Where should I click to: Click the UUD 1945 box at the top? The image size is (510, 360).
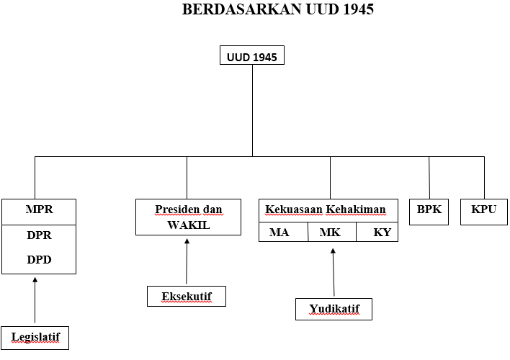click(251, 55)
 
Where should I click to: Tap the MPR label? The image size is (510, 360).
click(39, 210)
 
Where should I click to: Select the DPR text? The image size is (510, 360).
click(39, 235)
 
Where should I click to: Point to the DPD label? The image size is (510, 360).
click(39, 259)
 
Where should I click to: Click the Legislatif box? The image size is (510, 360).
click(35, 336)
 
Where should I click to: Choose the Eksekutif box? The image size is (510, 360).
click(186, 296)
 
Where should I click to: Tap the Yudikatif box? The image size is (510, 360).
click(334, 309)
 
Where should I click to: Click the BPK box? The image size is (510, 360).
click(429, 210)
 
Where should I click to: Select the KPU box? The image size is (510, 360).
click(483, 210)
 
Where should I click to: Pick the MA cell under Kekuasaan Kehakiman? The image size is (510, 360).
click(279, 233)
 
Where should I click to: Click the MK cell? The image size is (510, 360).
click(330, 233)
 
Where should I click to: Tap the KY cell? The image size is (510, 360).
click(381, 233)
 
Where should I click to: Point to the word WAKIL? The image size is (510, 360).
click(183, 225)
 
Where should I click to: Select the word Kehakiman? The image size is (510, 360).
click(356, 210)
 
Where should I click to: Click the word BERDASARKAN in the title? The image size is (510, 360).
click(229, 10)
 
